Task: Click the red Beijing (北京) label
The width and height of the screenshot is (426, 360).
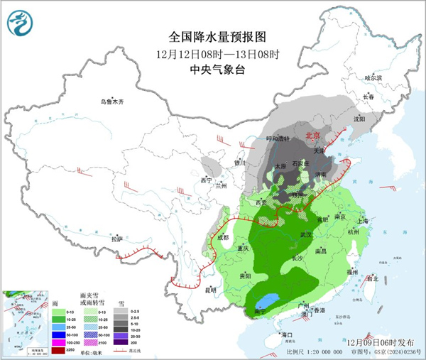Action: [x=312, y=133]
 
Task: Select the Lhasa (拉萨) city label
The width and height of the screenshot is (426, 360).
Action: [x=116, y=238]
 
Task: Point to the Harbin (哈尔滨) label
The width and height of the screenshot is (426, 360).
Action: [x=373, y=77]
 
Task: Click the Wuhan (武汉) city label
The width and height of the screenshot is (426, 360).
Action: [x=307, y=234]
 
